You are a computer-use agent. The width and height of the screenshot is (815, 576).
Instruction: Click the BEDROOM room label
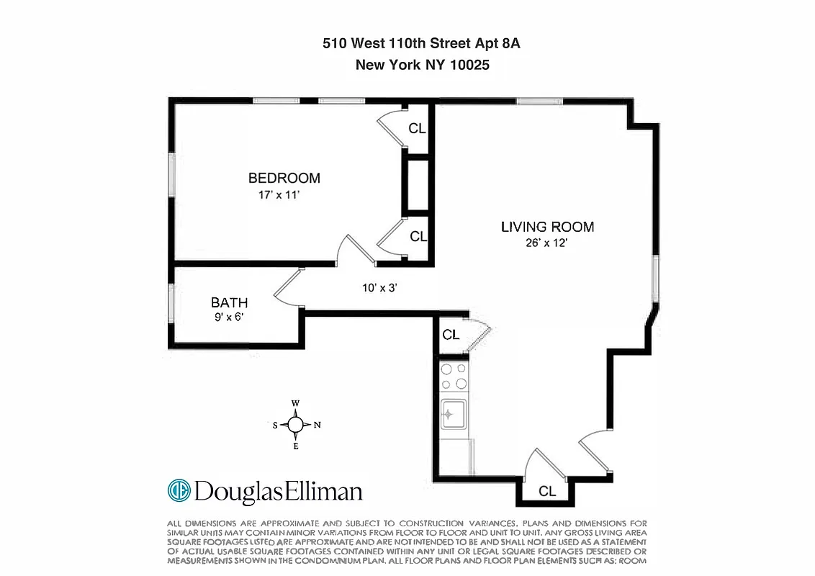point(284,178)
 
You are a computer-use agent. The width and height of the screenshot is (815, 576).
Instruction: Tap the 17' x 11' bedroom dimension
point(284,194)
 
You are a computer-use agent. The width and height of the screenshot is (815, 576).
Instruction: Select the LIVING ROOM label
point(547,227)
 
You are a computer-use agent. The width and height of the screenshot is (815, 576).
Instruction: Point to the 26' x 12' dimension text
point(547,243)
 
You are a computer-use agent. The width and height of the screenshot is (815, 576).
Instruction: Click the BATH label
point(229,302)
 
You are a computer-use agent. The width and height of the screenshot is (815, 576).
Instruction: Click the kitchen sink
point(454,414)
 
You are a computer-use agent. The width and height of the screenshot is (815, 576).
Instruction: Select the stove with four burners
point(454,376)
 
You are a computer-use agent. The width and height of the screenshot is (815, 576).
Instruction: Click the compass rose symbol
point(295,425)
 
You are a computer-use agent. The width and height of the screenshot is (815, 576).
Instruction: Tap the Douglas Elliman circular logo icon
point(179,491)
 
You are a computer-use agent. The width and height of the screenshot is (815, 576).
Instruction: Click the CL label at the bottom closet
point(547,492)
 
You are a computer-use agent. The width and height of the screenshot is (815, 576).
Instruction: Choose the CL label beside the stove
point(451,335)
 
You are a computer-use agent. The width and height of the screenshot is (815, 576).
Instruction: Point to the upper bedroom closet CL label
point(417,129)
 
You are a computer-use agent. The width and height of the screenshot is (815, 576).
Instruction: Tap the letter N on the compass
point(317,425)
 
